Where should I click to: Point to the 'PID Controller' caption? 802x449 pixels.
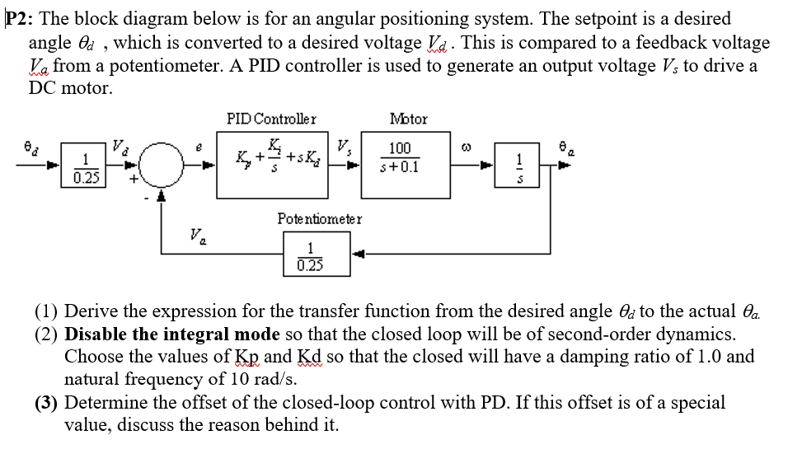pos(270,119)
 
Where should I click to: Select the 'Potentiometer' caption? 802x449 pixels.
pos(319,219)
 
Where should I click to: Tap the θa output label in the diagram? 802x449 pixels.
pos(564,146)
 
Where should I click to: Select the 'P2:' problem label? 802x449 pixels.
pos(22,18)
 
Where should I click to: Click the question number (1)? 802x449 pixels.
pos(46,311)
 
